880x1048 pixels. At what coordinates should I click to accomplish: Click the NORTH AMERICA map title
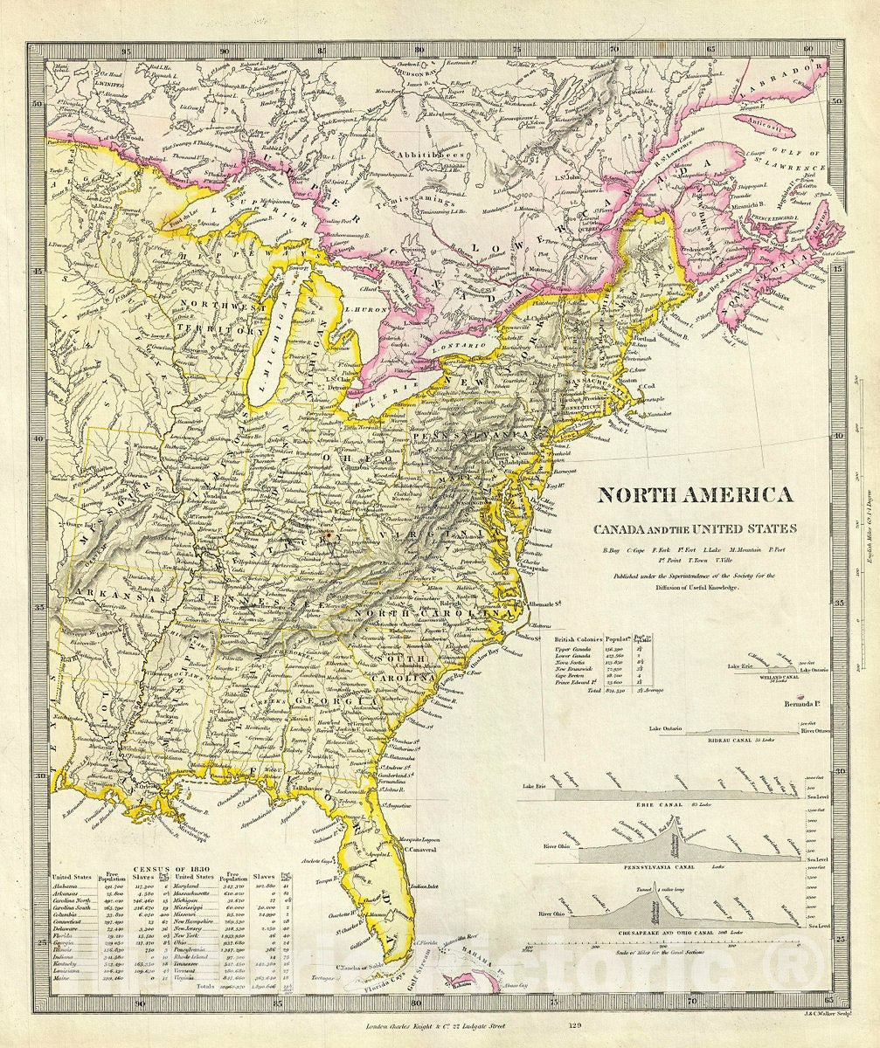[x=695, y=495]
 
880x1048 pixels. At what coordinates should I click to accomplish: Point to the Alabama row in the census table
[x=66, y=886]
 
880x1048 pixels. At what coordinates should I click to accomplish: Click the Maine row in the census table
[x=64, y=977]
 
